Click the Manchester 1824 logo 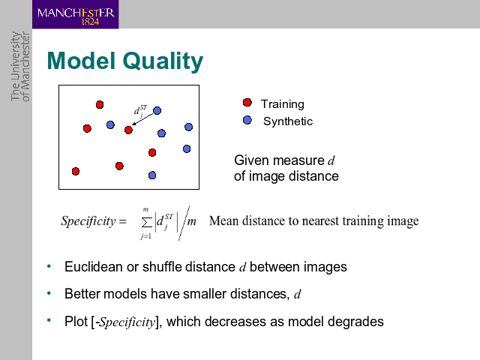coord(76,15)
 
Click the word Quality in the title coord(163,61)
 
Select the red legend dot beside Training coord(247,103)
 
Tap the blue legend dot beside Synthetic coord(247,120)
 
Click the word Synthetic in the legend coord(288,121)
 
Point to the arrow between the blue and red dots coord(142,119)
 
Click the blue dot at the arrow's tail coord(157,110)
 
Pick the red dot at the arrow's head coord(128,130)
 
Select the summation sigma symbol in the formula coord(147,223)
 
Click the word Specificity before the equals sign coord(88,221)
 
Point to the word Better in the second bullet coord(82,294)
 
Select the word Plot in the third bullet coord(76,322)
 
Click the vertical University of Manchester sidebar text coord(20,67)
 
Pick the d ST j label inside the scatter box coord(140,111)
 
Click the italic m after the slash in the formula coord(192,221)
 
